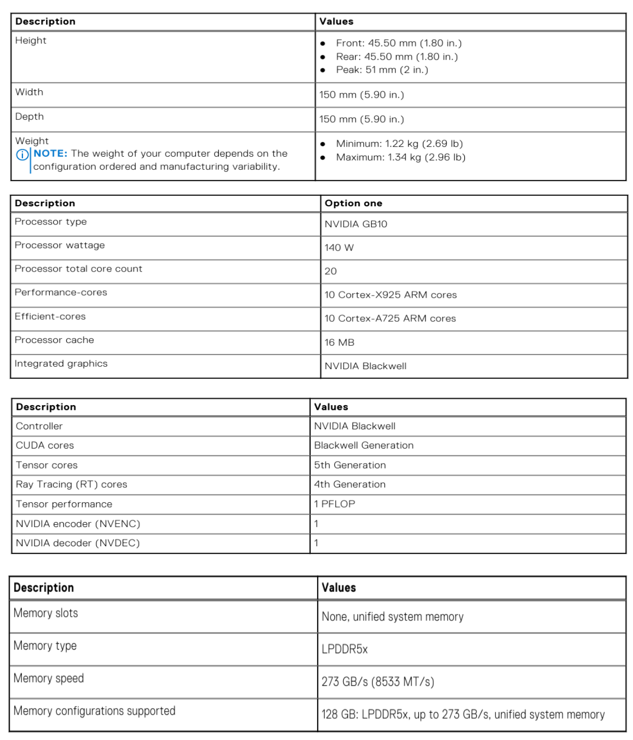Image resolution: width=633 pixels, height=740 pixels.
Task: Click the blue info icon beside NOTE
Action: tap(22, 155)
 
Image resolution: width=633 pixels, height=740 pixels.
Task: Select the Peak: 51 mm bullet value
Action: tap(382, 70)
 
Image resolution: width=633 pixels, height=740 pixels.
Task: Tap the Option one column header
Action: tap(353, 203)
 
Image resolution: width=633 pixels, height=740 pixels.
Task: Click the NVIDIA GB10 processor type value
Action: tap(356, 224)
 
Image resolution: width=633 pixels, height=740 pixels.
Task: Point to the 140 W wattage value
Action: tap(339, 248)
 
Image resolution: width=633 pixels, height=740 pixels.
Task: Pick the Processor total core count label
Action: tap(78, 269)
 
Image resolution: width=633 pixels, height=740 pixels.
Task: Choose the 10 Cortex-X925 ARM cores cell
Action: tap(390, 295)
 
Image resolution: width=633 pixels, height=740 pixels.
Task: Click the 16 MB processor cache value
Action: tap(339, 343)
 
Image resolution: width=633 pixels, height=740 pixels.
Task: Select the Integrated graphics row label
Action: tap(61, 363)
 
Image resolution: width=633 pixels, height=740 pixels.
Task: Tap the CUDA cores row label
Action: tap(45, 445)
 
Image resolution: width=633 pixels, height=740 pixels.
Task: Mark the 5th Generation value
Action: tap(349, 465)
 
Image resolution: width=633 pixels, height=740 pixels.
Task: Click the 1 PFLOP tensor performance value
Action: tap(334, 504)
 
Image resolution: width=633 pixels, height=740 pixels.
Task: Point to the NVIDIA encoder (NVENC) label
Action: tap(78, 524)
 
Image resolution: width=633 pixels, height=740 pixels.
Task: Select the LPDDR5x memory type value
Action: tap(344, 649)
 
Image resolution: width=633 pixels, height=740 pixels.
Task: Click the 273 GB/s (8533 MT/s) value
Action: tap(378, 682)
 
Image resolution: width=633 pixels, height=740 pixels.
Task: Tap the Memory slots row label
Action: tap(46, 613)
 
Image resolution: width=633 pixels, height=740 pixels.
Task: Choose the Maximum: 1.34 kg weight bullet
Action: tap(401, 157)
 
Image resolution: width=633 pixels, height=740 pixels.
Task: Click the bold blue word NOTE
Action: tap(50, 154)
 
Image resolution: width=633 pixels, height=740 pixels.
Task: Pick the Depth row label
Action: tap(30, 116)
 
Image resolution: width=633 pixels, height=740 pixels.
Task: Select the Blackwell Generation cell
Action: tap(364, 445)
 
